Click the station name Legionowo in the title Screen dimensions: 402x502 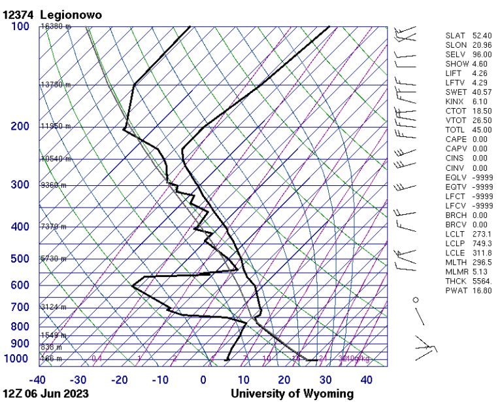coord(70,14)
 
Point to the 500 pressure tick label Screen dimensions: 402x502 coord(20,259)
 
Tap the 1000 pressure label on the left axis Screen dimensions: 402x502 coord(18,359)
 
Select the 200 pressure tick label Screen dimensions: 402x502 coord(20,126)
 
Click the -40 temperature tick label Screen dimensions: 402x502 coord(39,380)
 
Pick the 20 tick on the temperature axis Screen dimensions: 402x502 coord(284,380)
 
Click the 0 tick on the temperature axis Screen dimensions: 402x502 coord(203,380)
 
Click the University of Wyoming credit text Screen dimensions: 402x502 coord(292,393)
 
